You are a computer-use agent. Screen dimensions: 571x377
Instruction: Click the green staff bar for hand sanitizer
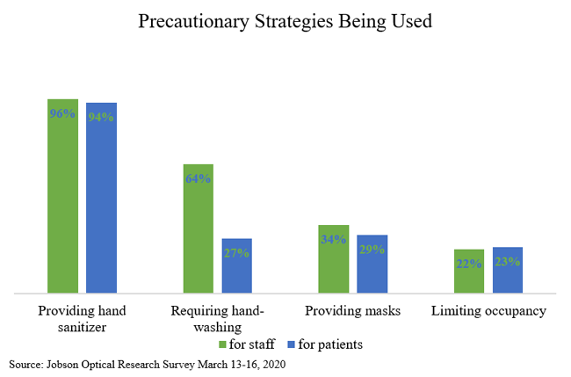point(62,196)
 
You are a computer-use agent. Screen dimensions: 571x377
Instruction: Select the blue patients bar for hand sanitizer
point(101,198)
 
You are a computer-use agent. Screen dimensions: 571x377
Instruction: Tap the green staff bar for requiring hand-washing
point(199,228)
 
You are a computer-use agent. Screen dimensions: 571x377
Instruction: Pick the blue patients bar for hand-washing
point(236,265)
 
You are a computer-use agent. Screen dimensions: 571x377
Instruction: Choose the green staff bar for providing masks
point(334,259)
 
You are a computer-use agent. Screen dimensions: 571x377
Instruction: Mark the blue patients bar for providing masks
point(372,264)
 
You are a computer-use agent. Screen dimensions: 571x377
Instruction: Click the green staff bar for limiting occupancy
point(469,271)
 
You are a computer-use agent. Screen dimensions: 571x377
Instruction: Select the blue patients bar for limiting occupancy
point(508,270)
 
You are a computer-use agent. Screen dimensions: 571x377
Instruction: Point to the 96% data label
point(62,113)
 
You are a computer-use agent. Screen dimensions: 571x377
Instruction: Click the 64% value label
point(199,178)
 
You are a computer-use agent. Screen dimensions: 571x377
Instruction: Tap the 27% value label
point(236,253)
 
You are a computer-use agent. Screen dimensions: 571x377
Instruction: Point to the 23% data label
point(508,262)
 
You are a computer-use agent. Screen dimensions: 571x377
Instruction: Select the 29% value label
point(372,250)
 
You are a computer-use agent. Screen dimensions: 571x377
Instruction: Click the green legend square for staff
point(222,344)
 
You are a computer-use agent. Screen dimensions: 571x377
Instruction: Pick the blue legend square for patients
point(291,344)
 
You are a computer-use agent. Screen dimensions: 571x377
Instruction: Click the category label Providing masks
point(352,311)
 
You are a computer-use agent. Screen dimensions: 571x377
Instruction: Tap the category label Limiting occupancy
point(488,311)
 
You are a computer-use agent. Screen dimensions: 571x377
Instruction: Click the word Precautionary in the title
point(194,21)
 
